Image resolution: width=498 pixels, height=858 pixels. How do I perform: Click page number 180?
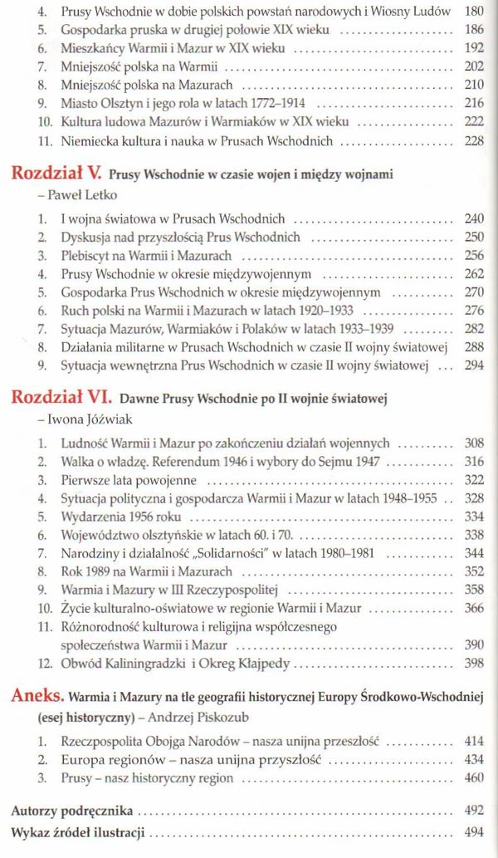(x=473, y=12)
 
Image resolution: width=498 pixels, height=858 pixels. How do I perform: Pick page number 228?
(x=473, y=142)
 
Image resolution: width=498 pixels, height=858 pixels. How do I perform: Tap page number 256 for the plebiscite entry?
(x=473, y=255)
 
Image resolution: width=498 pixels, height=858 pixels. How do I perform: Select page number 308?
(x=473, y=444)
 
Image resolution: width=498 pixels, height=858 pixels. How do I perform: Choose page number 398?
(x=473, y=663)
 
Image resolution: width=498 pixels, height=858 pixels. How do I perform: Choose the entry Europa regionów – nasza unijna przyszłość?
(x=191, y=760)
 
